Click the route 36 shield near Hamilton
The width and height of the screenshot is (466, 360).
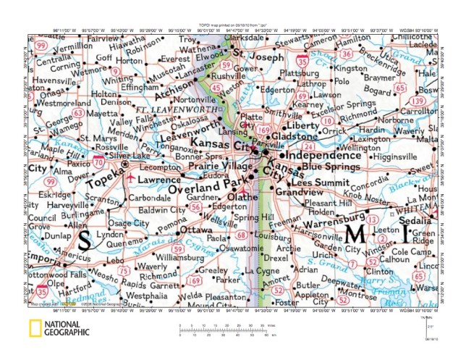point(347,54)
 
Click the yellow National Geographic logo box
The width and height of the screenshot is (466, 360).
point(31,328)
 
